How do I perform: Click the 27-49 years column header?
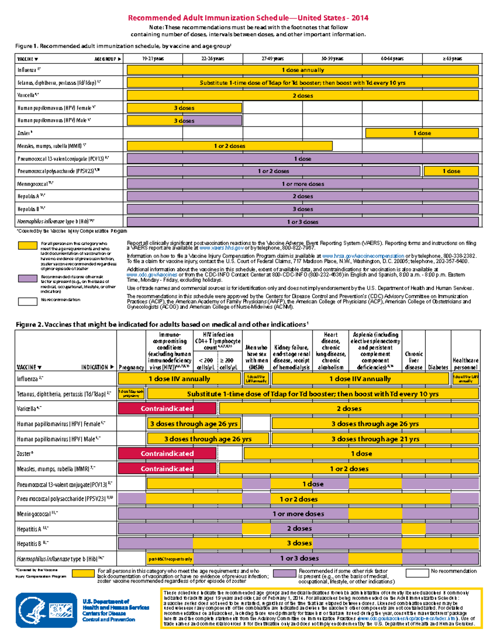click(273, 59)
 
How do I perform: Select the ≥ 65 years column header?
click(452, 59)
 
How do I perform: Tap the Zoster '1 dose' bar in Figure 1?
click(422, 133)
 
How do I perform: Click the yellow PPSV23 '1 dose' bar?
click(451, 171)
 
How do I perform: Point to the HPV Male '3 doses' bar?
click(184, 121)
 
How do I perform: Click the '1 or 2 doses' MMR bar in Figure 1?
click(229, 146)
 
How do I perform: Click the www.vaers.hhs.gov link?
click(222, 248)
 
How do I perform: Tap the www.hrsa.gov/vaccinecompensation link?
click(363, 256)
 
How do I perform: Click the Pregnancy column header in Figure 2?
click(131, 367)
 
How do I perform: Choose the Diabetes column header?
click(438, 367)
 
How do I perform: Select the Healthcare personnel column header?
click(466, 364)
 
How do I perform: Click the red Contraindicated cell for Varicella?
click(167, 409)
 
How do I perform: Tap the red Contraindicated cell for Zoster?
click(167, 454)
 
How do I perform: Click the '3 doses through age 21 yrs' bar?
click(375, 439)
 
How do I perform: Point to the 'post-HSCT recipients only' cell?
click(170, 559)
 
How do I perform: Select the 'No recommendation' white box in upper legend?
click(28, 301)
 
